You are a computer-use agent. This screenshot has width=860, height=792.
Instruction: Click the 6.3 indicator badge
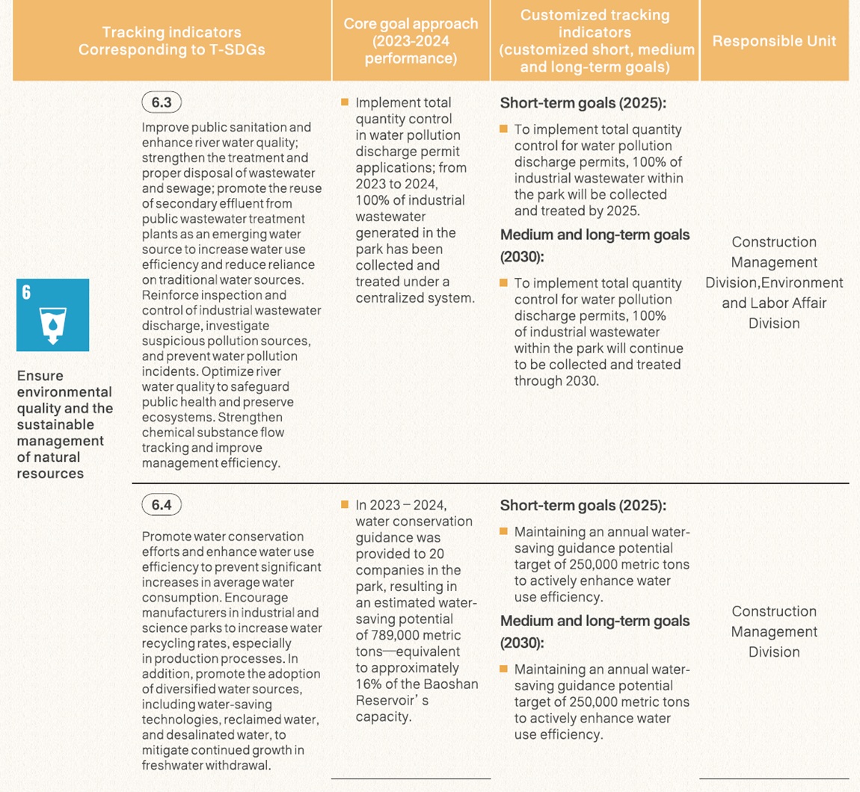pos(161,102)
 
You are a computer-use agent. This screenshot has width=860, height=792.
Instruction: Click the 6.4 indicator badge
pos(161,505)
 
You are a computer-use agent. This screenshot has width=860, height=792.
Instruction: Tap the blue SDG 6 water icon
pos(52,315)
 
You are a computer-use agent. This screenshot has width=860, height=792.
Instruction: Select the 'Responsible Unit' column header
pos(774,41)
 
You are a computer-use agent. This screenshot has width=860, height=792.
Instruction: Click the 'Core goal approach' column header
pos(411,40)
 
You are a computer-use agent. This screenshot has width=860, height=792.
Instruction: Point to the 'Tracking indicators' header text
pos(171,33)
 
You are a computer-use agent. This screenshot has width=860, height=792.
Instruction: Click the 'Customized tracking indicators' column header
pos(595,40)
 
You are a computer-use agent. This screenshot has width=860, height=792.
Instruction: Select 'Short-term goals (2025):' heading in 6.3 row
pos(583,103)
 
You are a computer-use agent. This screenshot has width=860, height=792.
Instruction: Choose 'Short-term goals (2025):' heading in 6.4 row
pos(583,505)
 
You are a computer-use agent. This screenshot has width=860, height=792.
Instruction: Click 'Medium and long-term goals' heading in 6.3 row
pos(595,235)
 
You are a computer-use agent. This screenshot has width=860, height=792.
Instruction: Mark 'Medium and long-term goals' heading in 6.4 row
pos(595,621)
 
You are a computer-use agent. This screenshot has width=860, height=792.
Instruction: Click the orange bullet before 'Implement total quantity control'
pos(345,102)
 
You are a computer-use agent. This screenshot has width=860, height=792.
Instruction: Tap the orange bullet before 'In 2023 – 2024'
pos(345,505)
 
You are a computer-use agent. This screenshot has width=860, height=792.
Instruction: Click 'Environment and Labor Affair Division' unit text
pos(774,303)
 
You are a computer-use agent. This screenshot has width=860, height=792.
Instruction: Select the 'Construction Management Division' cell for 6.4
pos(774,631)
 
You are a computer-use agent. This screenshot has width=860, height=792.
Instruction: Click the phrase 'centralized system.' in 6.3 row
pos(415,298)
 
